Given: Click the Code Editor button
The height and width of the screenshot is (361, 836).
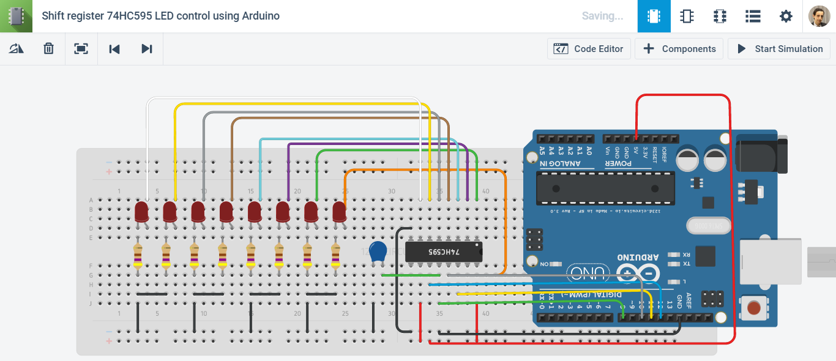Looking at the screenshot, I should pyautogui.click(x=589, y=49).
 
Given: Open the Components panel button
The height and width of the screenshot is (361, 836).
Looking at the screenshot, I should pyautogui.click(x=679, y=49).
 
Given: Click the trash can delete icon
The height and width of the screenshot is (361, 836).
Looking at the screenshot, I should pyautogui.click(x=49, y=49).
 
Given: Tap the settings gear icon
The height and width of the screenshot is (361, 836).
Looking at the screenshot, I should pyautogui.click(x=786, y=17).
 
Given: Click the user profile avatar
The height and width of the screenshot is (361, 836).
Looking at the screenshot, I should pyautogui.click(x=819, y=17).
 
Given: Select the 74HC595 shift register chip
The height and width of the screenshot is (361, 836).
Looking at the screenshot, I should pyautogui.click(x=444, y=251).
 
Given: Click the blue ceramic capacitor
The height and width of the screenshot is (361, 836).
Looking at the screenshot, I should pyautogui.click(x=379, y=251).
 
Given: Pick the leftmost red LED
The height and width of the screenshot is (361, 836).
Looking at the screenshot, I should pyautogui.click(x=141, y=212).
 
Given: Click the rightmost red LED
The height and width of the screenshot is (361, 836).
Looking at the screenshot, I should pyautogui.click(x=340, y=212).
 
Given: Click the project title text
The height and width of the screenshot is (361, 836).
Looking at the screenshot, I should pyautogui.click(x=160, y=16).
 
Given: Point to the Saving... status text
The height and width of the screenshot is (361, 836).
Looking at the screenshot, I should pyautogui.click(x=602, y=17).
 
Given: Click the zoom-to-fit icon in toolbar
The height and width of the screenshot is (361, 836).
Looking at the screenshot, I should pyautogui.click(x=81, y=49).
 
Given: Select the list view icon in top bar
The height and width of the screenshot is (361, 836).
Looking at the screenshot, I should pyautogui.click(x=753, y=17).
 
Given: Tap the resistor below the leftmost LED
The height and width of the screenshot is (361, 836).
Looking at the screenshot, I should pyautogui.click(x=138, y=255).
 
